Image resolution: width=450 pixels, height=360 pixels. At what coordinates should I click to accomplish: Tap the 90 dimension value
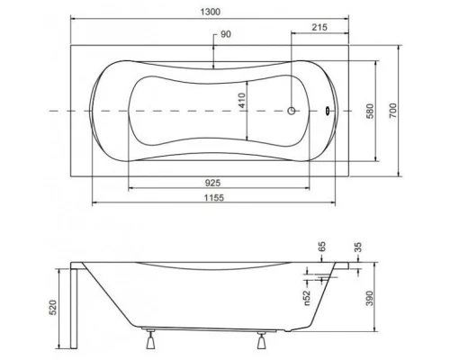(227, 35)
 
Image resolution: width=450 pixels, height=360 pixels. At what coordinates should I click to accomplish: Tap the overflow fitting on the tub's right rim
(328, 112)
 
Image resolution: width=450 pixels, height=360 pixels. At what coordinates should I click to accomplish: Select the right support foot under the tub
(263, 339)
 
